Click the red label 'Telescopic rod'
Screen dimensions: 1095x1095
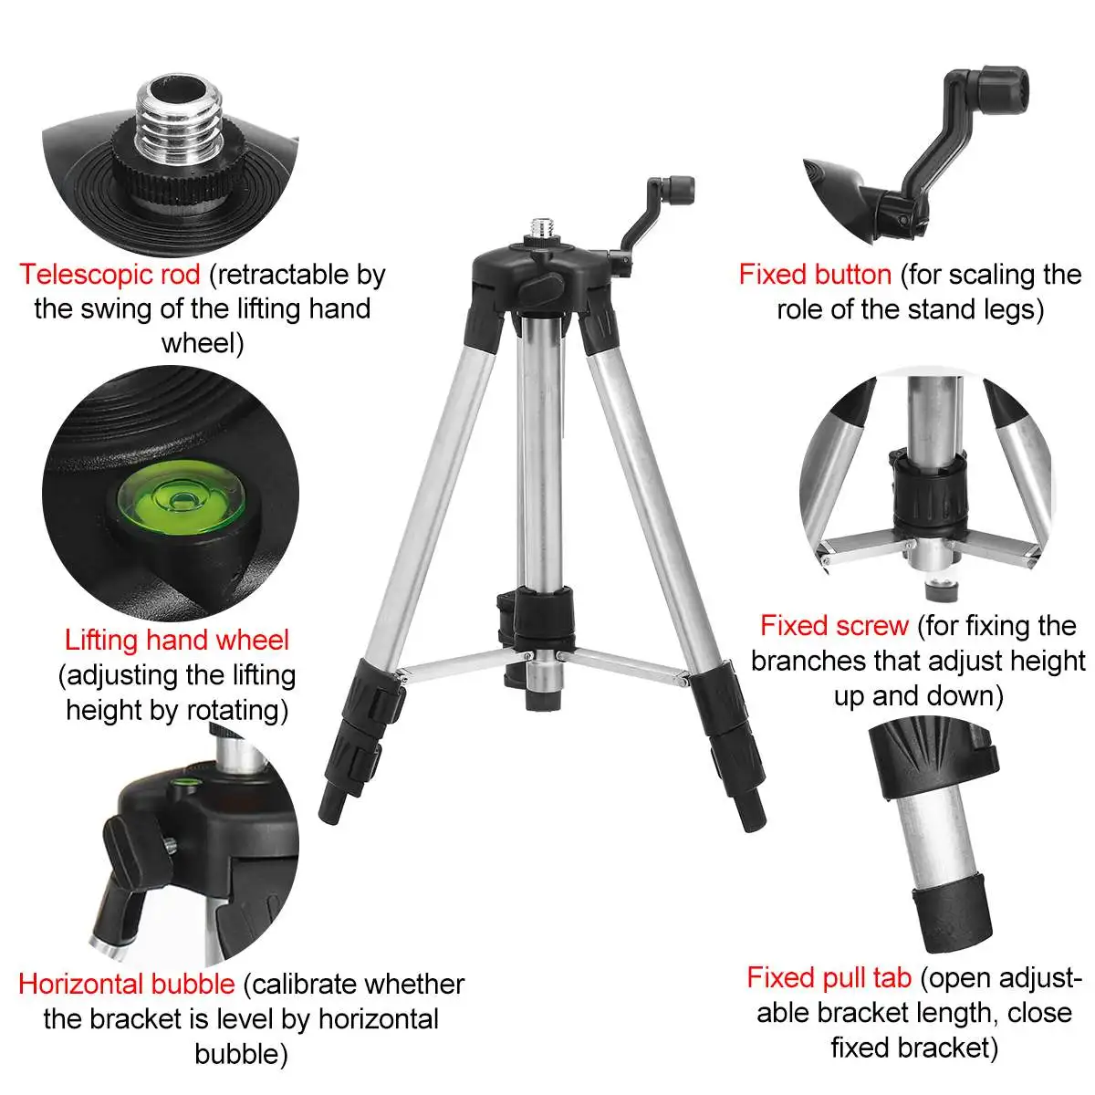pyautogui.click(x=109, y=275)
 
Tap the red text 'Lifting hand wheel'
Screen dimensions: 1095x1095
pyautogui.click(x=177, y=640)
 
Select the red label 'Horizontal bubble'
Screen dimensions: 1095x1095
pyautogui.click(x=127, y=984)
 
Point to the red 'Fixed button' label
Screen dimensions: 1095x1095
pyautogui.click(x=815, y=275)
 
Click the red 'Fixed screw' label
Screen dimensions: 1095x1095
pyautogui.click(x=834, y=626)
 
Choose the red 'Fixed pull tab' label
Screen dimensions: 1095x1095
pyautogui.click(x=829, y=977)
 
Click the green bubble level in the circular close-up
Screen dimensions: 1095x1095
pyautogui.click(x=182, y=498)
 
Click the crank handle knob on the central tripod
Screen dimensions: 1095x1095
pyautogui.click(x=679, y=190)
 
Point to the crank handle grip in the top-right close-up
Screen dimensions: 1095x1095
pyautogui.click(x=1005, y=89)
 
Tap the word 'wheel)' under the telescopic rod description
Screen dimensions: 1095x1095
pyautogui.click(x=203, y=344)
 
